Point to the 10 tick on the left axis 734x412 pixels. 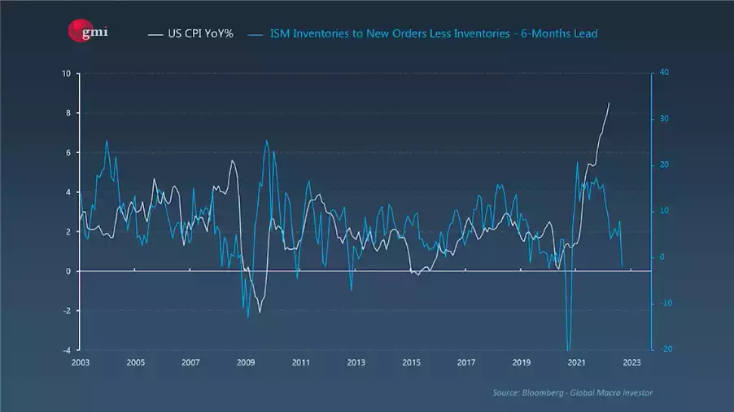point(66,73)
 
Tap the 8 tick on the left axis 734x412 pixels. point(68,113)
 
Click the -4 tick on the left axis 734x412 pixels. point(66,350)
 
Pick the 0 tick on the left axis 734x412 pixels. point(68,271)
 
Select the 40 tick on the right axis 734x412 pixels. point(664,73)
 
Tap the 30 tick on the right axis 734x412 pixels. point(664,119)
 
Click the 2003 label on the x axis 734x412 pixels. point(80,363)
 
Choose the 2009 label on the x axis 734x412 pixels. point(246,363)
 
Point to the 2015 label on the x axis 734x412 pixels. point(411,363)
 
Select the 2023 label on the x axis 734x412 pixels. point(632,363)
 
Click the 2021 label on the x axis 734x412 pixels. point(577,363)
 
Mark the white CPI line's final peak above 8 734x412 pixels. point(609,103)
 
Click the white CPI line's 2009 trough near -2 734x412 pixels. point(260,312)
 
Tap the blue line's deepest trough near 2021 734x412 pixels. point(568,348)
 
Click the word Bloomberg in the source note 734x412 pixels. point(544,393)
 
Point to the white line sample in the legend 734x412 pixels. point(156,34)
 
